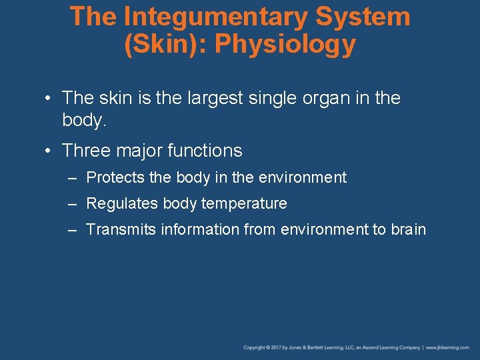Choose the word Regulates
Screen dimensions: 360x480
point(118,203)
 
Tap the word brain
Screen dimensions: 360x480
point(408,229)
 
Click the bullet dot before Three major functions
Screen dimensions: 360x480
point(49,151)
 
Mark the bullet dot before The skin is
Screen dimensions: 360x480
point(49,99)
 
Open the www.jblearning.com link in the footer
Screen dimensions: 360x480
point(447,347)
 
